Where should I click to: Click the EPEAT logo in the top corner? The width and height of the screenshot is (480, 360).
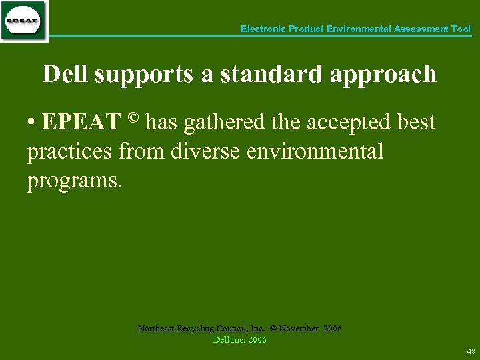[x=23, y=21]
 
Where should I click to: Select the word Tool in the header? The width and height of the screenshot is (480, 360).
[x=461, y=29]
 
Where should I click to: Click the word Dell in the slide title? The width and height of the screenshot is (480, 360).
[x=66, y=74]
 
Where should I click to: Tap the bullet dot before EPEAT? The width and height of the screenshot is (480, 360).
[x=31, y=123]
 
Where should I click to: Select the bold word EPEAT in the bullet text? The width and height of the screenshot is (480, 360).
[x=81, y=123]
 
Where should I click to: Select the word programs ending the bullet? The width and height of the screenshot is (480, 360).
[x=75, y=181]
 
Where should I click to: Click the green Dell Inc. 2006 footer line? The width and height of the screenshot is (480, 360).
[x=239, y=340]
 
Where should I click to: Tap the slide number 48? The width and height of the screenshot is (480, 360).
[x=471, y=351]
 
